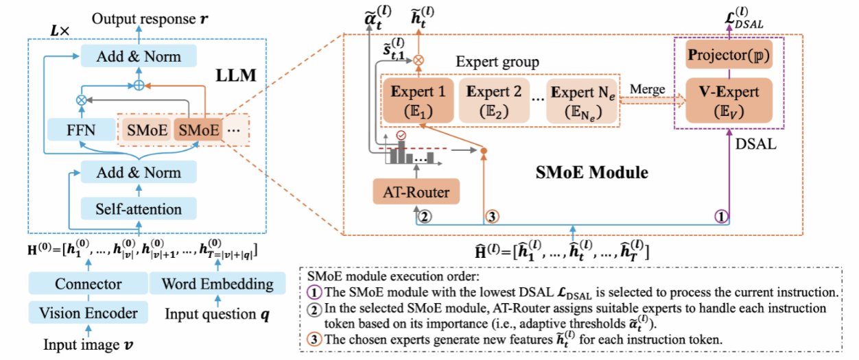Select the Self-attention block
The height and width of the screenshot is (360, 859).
tap(138, 208)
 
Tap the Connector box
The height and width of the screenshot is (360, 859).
tap(89, 284)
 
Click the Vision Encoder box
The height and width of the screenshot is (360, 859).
tap(89, 314)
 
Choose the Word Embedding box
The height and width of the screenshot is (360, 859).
tap(218, 284)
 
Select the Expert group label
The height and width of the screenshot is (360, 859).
tap(497, 62)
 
